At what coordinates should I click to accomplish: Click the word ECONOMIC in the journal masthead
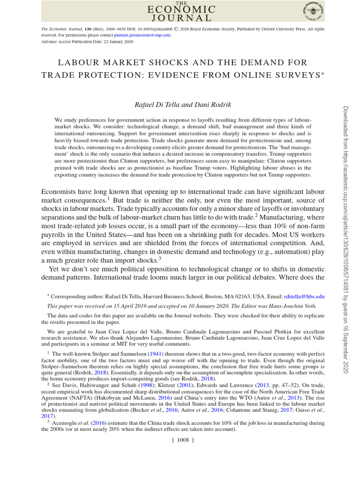[181, 9]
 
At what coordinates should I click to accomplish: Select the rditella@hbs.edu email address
[304, 297]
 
